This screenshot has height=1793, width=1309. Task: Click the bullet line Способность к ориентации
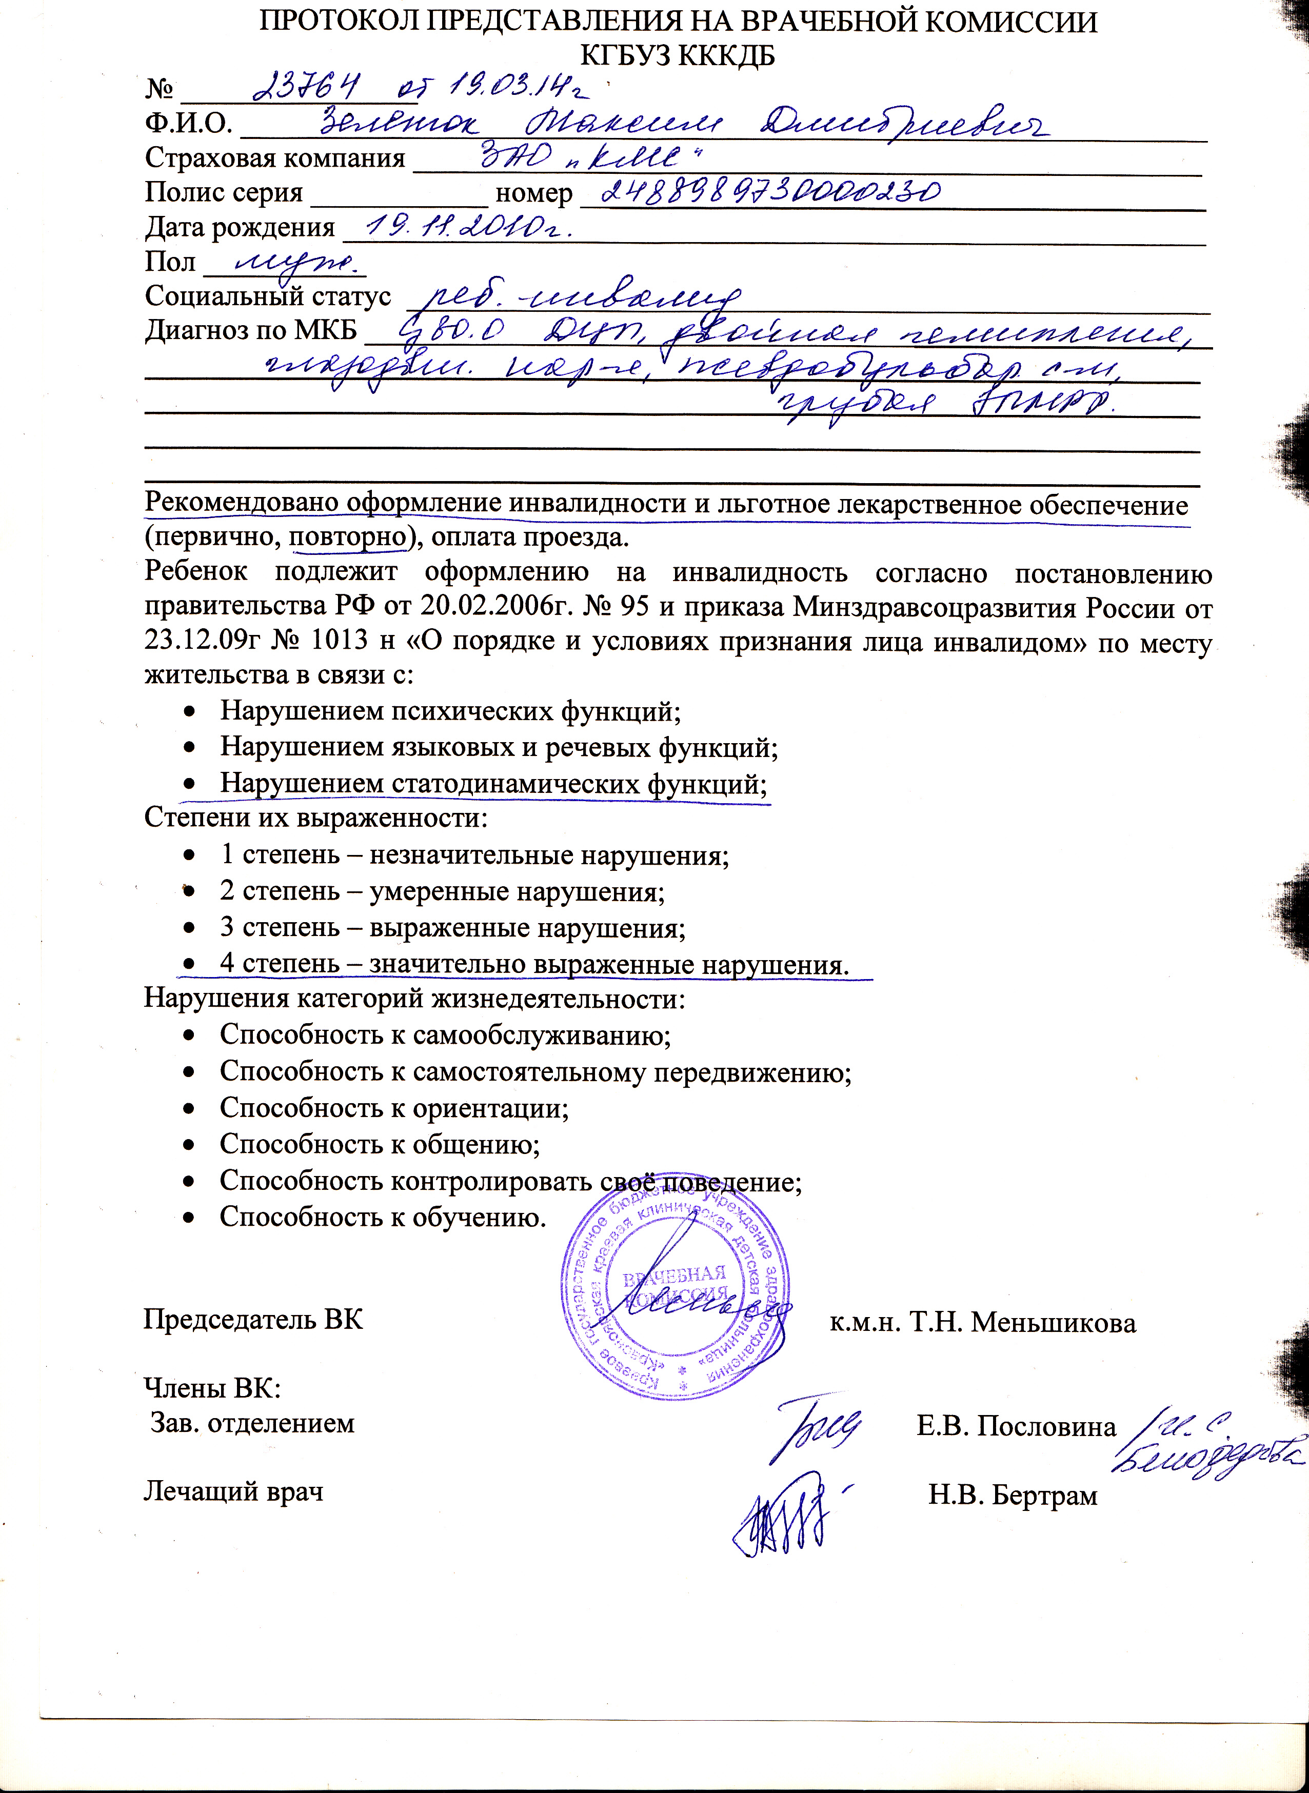click(394, 1108)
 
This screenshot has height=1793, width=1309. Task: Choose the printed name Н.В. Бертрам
click(1013, 1495)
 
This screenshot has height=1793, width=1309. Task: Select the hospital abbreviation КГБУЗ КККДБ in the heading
click(678, 56)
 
